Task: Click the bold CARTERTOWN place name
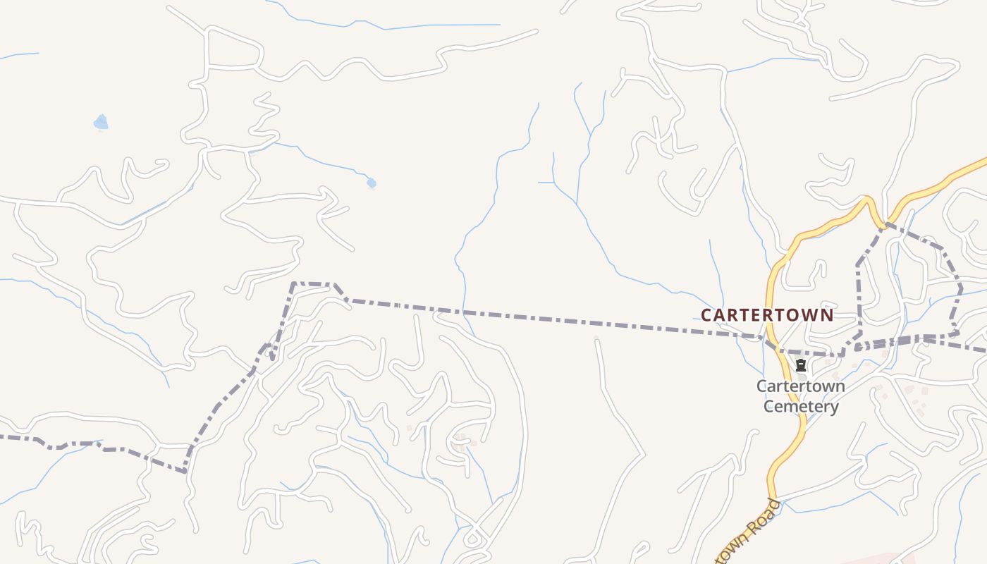(767, 314)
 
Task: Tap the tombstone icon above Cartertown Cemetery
(801, 365)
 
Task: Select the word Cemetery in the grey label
(801, 407)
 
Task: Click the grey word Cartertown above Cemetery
(801, 386)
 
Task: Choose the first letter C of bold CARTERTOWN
(707, 314)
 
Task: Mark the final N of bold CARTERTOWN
(827, 314)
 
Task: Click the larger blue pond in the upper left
(101, 123)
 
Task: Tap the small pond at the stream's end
(372, 183)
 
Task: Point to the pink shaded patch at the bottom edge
(874, 559)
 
